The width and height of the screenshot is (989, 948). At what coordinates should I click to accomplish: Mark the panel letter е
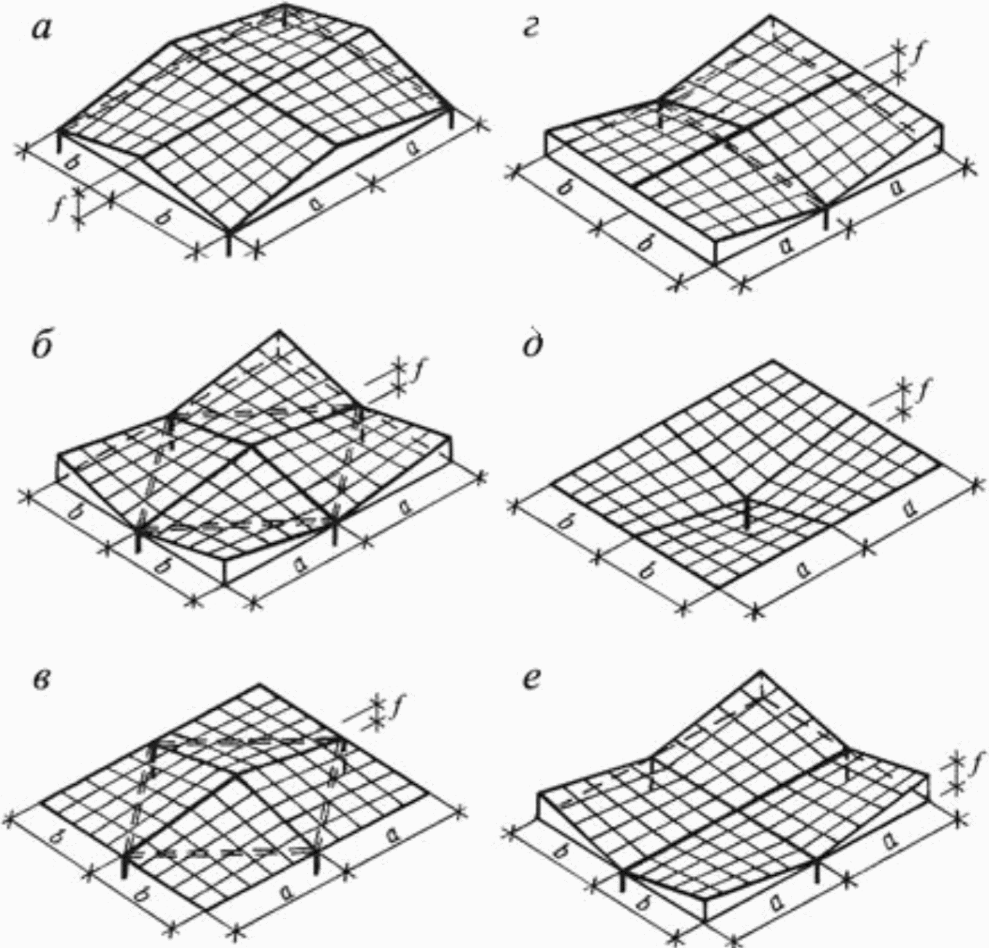(x=533, y=685)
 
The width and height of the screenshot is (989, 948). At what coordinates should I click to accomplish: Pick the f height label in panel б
(x=418, y=372)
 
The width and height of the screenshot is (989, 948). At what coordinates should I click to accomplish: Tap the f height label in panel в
(x=397, y=706)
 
